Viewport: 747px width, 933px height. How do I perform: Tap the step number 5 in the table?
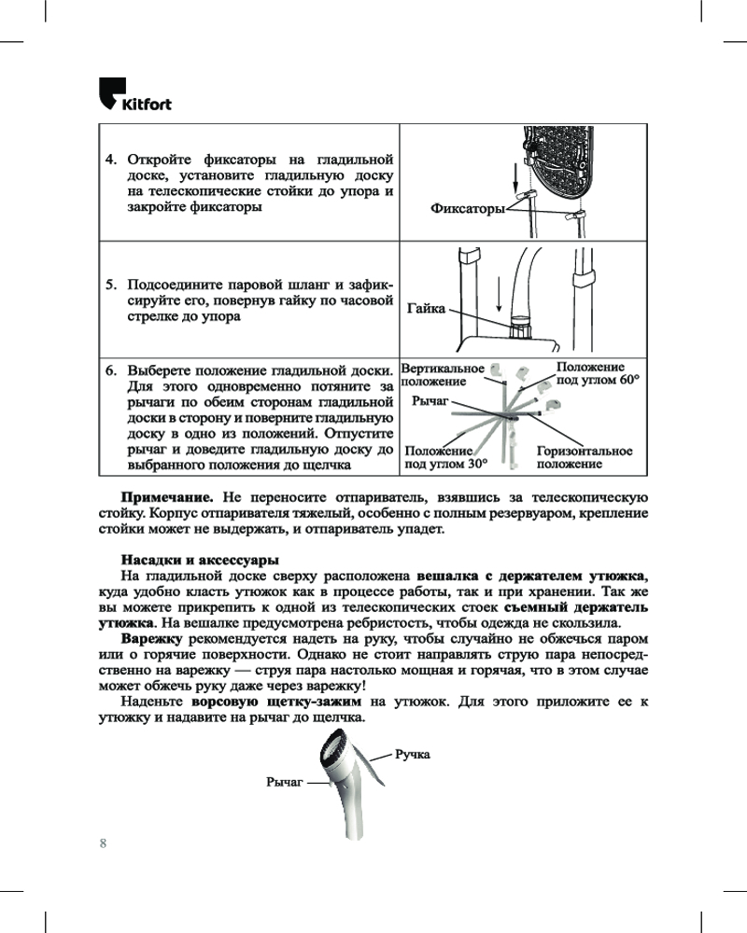[x=109, y=284]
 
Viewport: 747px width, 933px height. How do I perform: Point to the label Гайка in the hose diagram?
[x=427, y=308]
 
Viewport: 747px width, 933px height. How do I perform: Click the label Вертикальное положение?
[x=442, y=375]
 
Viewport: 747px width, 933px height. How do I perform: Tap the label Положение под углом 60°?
[x=598, y=374]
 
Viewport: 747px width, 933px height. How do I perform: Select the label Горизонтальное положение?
[x=585, y=457]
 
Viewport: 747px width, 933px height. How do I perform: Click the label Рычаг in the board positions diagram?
[x=430, y=399]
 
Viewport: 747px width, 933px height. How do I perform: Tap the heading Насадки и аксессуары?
[x=200, y=561]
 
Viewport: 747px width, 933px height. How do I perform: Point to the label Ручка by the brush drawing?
[x=413, y=753]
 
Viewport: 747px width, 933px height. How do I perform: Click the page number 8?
[x=104, y=843]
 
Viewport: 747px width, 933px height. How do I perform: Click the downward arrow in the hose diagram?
[x=500, y=298]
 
